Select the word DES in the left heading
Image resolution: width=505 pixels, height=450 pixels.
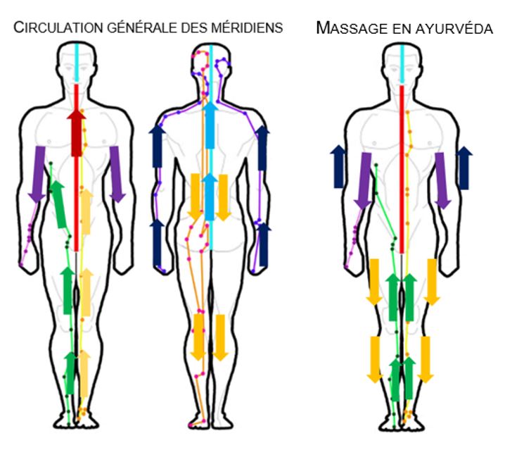pyautogui.click(x=190, y=28)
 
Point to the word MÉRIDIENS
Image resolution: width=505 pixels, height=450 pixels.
pyautogui.click(x=246, y=28)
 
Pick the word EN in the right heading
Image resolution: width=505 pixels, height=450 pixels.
pyautogui.click(x=395, y=28)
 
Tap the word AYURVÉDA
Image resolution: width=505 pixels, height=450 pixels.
pyautogui.click(x=450, y=28)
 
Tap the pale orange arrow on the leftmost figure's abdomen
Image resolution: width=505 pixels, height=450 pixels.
pyautogui.click(x=87, y=211)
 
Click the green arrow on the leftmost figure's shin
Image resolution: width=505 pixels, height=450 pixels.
pyautogui.click(x=70, y=373)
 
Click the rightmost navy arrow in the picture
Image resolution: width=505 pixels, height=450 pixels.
pyautogui.click(x=464, y=168)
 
